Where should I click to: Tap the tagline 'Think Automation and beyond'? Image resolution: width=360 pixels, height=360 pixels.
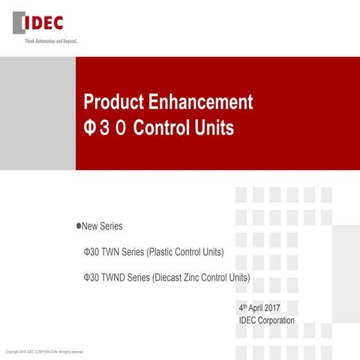[52, 40]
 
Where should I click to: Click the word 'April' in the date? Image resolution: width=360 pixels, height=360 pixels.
[259, 308]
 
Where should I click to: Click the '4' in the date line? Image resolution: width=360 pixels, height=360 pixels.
[241, 308]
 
